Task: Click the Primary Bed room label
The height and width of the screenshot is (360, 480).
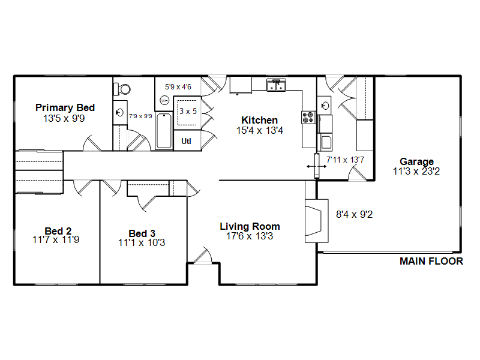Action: pyautogui.click(x=65, y=108)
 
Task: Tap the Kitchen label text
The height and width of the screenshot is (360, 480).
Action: pyautogui.click(x=260, y=120)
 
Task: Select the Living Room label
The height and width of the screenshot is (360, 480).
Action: pyautogui.click(x=250, y=227)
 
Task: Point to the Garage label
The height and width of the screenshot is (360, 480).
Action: pyautogui.click(x=416, y=161)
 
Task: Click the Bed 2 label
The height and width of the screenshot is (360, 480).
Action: pyautogui.click(x=58, y=231)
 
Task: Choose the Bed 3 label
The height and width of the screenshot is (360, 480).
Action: pyautogui.click(x=142, y=233)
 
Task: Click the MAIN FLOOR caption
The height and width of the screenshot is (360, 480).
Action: pyautogui.click(x=431, y=261)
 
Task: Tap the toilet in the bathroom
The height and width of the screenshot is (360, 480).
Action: pyautogui.click(x=122, y=89)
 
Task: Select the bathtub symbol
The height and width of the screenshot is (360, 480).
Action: pyautogui.click(x=164, y=131)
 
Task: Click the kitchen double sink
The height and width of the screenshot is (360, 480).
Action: pyautogui.click(x=277, y=85)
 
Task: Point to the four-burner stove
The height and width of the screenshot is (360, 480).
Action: pyautogui.click(x=308, y=118)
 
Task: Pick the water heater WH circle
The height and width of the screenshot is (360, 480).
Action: pyautogui.click(x=164, y=100)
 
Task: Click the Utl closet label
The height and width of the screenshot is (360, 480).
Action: pyautogui.click(x=186, y=141)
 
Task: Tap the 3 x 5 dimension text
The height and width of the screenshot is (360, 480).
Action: pyautogui.click(x=188, y=111)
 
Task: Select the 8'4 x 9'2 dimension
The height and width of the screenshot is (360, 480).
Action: pyautogui.click(x=354, y=214)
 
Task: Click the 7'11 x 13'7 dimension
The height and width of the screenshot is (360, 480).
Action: pyautogui.click(x=346, y=160)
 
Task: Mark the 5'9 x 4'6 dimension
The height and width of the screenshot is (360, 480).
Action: pyautogui.click(x=178, y=87)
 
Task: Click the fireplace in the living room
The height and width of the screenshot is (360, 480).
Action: pyautogui.click(x=317, y=221)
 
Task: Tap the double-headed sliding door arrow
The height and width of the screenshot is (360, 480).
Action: pyautogui.click(x=317, y=167)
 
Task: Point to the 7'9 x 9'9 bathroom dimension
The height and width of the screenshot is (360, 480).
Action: pyautogui.click(x=140, y=116)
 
